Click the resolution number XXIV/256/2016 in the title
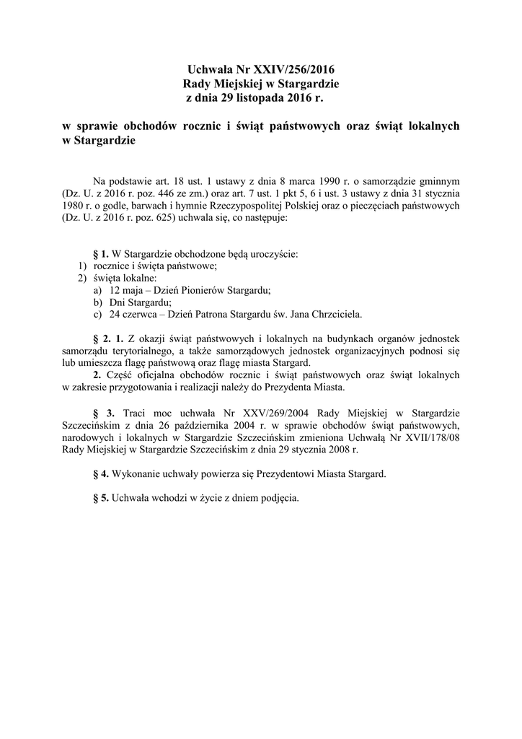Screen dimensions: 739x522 point(295,70)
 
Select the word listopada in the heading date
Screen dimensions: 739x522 point(255,97)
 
